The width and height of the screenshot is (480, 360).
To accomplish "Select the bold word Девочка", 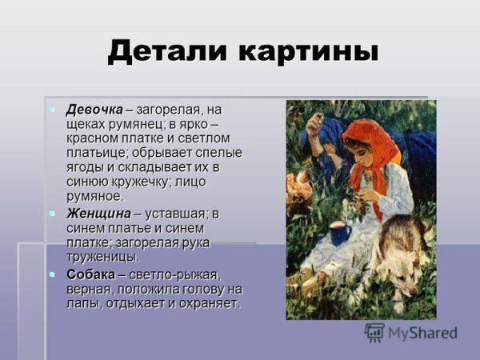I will coord(94,109).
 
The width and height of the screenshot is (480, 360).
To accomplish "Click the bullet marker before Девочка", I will coord(52,108).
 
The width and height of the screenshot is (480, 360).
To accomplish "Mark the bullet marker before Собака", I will coord(52,274).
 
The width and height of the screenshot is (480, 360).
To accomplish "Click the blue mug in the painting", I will coord(338,234).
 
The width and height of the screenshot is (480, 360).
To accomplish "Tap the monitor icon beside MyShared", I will coord(374,332).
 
